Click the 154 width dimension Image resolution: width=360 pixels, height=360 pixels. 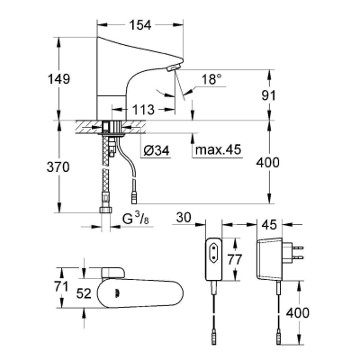(x=140, y=25)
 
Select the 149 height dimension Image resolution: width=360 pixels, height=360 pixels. (x=59, y=79)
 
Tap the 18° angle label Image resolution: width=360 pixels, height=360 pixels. (x=211, y=80)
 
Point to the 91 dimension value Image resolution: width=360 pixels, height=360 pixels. (x=268, y=95)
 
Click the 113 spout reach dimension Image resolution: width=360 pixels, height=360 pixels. (x=143, y=110)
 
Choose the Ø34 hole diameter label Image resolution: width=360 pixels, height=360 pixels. (x=157, y=149)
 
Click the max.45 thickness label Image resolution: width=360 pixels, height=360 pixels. (x=218, y=149)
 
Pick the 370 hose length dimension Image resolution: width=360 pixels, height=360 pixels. (x=58, y=167)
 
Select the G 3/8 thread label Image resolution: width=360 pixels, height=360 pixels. (x=136, y=220)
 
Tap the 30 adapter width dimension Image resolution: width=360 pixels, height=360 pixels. (x=184, y=218)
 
